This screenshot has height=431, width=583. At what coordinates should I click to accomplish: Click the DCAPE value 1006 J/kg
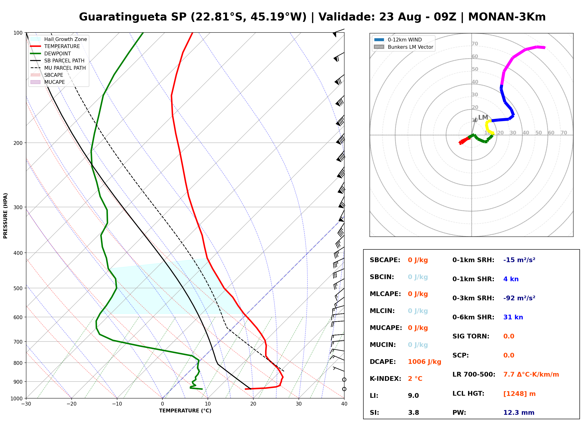tap(424, 362)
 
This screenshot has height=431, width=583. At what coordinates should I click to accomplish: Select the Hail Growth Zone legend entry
tap(59, 39)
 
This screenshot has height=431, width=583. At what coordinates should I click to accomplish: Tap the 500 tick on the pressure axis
tap(18, 288)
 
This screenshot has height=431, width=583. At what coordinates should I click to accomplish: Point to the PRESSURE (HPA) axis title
tap(5, 215)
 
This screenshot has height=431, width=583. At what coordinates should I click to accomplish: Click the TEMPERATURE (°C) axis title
tap(185, 411)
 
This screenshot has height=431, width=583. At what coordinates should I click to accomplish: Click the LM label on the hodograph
tap(483, 117)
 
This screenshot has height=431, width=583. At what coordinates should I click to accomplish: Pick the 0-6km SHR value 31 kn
tap(513, 317)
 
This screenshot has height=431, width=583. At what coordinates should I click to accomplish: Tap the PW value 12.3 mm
tap(519, 412)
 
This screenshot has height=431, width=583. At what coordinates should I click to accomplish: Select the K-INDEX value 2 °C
tap(415, 378)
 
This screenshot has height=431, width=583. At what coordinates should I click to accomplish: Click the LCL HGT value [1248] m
tap(519, 394)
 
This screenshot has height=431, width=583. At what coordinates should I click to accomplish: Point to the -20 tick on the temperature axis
tap(71, 404)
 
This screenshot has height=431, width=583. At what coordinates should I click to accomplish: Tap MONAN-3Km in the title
tap(507, 17)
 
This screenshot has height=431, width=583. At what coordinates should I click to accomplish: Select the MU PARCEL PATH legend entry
tap(58, 68)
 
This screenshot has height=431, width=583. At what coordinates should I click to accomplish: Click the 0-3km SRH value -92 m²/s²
tap(519, 298)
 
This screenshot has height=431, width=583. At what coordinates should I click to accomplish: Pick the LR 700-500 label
tap(474, 374)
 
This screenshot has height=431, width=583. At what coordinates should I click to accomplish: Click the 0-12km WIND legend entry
tap(398, 40)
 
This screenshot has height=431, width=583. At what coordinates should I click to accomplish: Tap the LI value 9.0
tap(413, 395)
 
